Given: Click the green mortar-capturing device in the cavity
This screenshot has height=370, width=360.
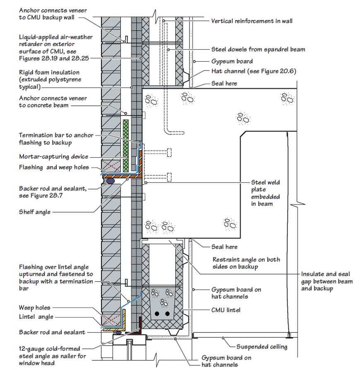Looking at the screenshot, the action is pos(126,146).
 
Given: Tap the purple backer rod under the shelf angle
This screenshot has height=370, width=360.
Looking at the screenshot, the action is pos(110,181).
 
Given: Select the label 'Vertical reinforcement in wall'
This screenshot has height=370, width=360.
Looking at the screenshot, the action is pos(252,21).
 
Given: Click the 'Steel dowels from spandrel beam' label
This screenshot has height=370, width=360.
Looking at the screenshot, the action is pos(258,49).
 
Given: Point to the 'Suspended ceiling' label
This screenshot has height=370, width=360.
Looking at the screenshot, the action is pos(262,347).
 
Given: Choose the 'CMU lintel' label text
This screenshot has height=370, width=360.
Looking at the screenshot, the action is pos(226,310).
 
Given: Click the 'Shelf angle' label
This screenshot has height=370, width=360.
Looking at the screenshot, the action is pos(35,212).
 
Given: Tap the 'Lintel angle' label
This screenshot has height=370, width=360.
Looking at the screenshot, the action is pos(36,317).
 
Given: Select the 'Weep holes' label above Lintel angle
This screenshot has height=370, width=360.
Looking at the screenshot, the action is pos(35,308).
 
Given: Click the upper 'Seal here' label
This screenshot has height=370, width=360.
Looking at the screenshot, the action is pos(224,83).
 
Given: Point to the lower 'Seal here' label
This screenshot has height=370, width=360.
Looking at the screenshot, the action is pos(224,247).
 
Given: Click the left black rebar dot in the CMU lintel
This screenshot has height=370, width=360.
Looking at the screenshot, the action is pos(157,314).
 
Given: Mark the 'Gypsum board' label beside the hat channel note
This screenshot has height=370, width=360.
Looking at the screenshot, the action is pos(232,61).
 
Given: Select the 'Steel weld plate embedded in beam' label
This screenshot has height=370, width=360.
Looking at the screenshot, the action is pos(265,193).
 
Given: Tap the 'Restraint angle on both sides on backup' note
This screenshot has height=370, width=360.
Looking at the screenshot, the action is pos(246,263).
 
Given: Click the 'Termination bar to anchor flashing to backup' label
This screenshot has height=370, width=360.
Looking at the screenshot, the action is pos(56,139).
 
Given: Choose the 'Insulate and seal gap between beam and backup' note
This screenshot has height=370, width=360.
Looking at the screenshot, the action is pos(327,281).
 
